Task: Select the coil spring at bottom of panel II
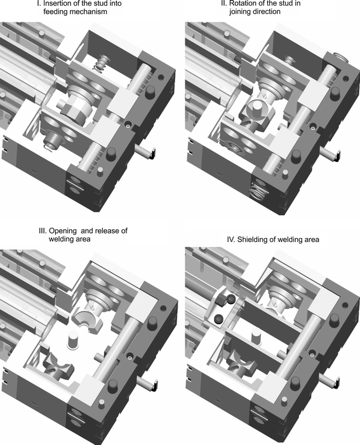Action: pos(258,192)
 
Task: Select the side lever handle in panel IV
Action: pos(330,380)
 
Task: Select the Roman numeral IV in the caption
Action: pos(230,239)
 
